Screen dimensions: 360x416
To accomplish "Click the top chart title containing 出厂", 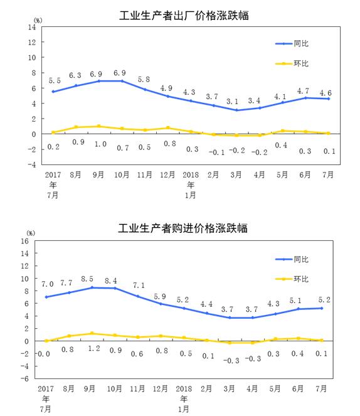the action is pos(184,15).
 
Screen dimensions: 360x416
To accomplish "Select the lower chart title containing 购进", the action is pos(183,228).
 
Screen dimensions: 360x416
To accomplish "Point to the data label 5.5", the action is pos(55,80).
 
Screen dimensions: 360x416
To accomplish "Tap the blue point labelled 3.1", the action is pos(236,110).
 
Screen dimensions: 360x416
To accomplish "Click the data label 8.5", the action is pos(87,279).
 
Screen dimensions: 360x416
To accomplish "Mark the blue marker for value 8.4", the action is pos(115,288).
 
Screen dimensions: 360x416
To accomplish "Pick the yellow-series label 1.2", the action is pos(94,348).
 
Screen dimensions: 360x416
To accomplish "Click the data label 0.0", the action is pos(44,354).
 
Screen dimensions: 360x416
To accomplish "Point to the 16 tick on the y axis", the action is pos(24,241).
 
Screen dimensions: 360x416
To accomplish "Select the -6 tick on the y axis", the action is pos(24,379).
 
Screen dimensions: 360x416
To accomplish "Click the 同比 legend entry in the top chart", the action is pos(292,43).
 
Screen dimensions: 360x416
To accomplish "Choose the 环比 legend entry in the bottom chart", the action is pos(292,279).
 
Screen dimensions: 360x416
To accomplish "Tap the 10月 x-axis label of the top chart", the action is pos(122,174).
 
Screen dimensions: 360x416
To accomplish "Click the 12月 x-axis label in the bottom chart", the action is pos(160,388).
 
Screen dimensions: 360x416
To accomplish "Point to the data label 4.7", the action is pos(303,91).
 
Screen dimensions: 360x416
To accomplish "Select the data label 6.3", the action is pos(75,75).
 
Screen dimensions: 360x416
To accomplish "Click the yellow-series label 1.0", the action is pos(100,144).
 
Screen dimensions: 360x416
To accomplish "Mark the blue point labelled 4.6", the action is pos(329,99).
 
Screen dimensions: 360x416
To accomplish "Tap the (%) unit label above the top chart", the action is pos(38,21).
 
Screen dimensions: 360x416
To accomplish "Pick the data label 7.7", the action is pos(66,283).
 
